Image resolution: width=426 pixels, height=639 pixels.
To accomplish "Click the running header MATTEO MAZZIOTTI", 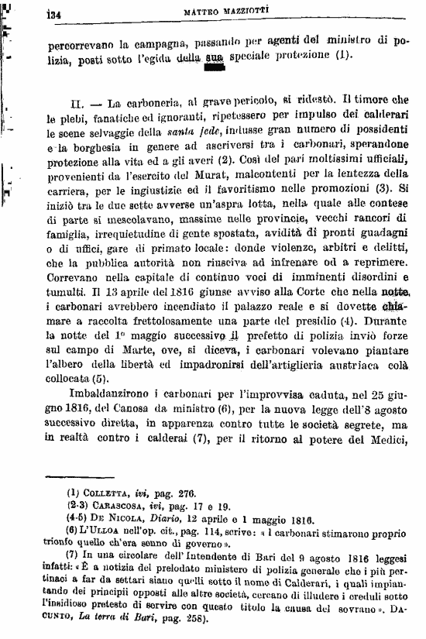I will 227,12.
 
